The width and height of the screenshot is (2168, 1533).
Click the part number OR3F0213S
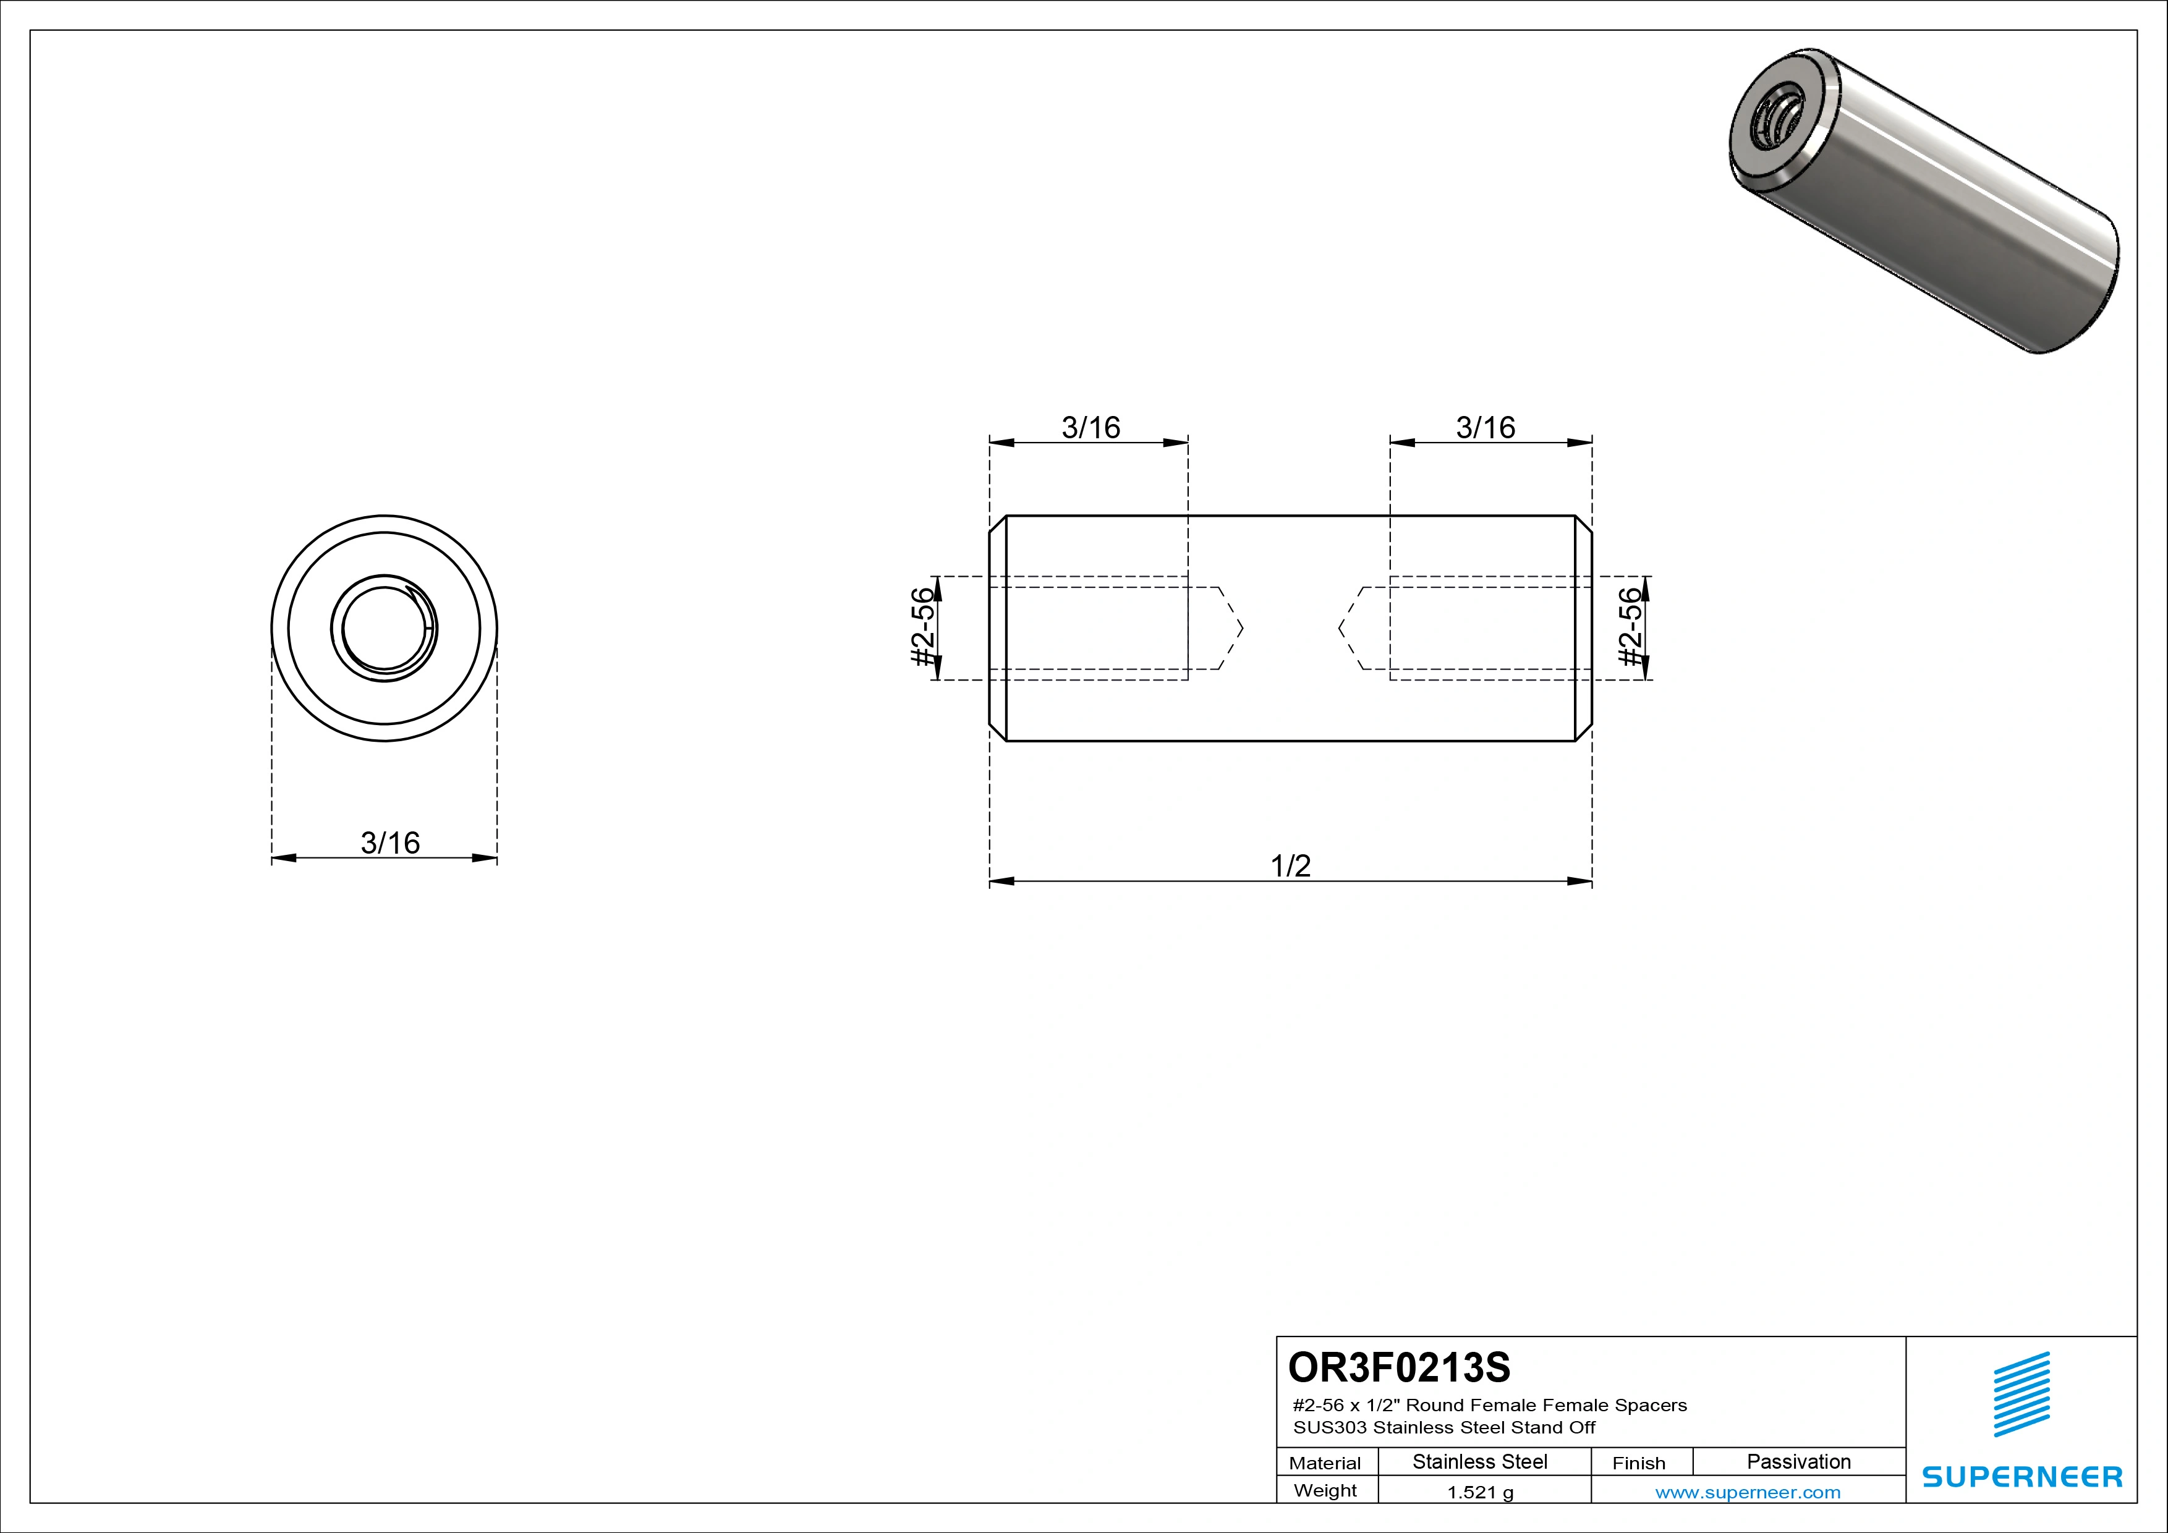click(1400, 1366)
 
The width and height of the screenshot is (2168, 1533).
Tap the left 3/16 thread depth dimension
click(1090, 428)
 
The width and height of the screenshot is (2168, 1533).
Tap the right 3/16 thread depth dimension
click(1486, 428)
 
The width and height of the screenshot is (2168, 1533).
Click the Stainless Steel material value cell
click(1479, 1461)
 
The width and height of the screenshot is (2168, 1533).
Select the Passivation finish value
click(1799, 1461)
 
